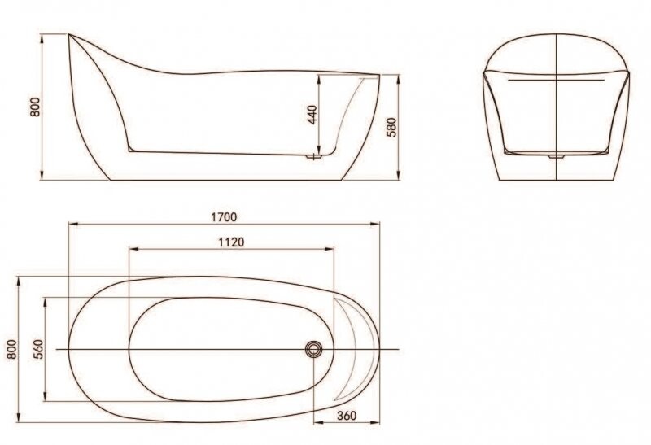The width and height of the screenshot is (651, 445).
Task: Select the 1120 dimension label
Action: click(x=232, y=242)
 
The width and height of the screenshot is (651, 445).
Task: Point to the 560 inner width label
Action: click(x=37, y=348)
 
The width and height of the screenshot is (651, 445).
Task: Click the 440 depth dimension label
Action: click(x=311, y=114)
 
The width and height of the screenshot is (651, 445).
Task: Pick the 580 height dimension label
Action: click(x=390, y=126)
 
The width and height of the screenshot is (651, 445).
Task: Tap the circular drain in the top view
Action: click(x=314, y=349)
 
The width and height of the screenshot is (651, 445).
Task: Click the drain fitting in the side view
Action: click(x=312, y=155)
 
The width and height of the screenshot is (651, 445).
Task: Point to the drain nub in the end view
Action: click(x=557, y=155)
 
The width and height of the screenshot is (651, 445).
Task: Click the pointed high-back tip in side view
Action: click(x=70, y=35)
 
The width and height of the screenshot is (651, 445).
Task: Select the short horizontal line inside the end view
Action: click(x=557, y=81)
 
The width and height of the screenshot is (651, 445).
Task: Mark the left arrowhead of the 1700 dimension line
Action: click(x=71, y=224)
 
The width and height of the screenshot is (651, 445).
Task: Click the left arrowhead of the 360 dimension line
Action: click(x=317, y=423)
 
